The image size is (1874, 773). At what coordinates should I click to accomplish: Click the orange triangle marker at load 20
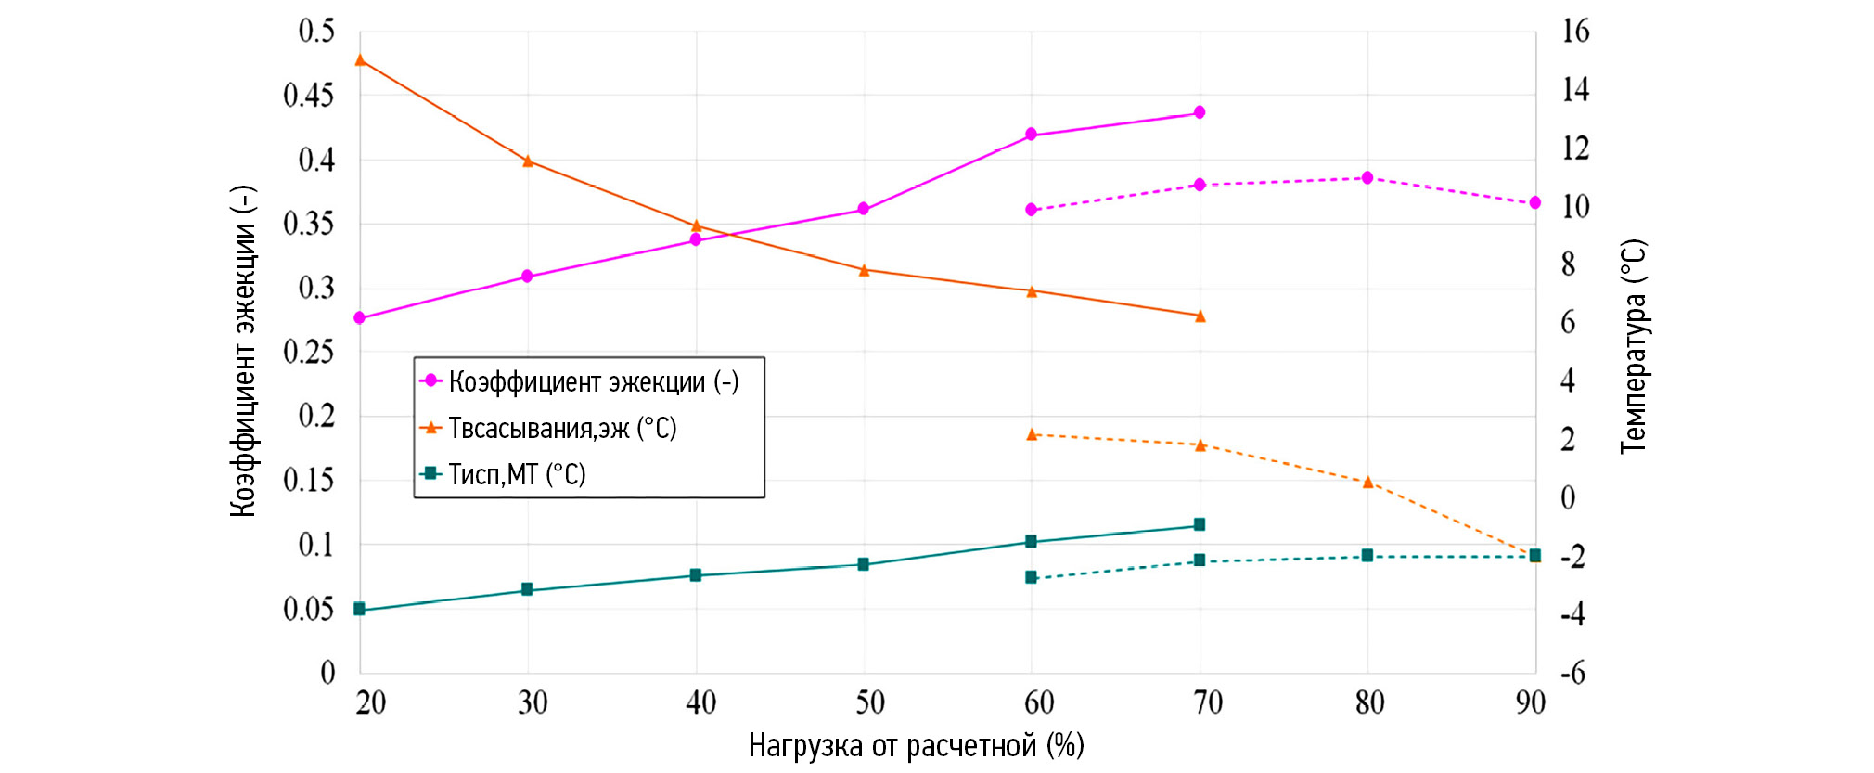pyautogui.click(x=360, y=60)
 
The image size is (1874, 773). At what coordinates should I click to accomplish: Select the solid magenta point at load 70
pyautogui.click(x=1200, y=112)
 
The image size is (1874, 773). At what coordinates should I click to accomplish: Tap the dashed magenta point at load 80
pyautogui.click(x=1367, y=177)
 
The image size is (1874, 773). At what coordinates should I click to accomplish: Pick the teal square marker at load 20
pyautogui.click(x=360, y=609)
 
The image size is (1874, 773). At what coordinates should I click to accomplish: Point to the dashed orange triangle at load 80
pyautogui.click(x=1367, y=483)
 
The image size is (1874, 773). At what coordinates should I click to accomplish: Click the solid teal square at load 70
pyautogui.click(x=1200, y=524)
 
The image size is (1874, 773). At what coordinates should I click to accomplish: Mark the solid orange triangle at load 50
pyautogui.click(x=864, y=270)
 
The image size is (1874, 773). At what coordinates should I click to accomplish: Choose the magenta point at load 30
pyautogui.click(x=528, y=277)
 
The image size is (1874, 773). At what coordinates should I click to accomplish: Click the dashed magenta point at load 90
pyautogui.click(x=1535, y=202)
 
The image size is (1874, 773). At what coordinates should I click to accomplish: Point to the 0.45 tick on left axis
pyautogui.click(x=308, y=96)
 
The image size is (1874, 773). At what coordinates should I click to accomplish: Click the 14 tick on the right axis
pyautogui.click(x=1575, y=90)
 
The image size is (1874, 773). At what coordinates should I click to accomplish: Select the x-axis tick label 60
pyautogui.click(x=1039, y=703)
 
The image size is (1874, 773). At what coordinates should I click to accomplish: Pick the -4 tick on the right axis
pyautogui.click(x=1573, y=614)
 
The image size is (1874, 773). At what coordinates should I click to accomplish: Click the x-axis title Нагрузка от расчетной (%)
pyautogui.click(x=916, y=746)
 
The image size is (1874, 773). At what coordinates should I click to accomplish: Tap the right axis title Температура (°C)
pyautogui.click(x=1633, y=347)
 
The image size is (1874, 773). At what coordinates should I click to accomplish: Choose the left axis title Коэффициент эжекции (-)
pyautogui.click(x=243, y=351)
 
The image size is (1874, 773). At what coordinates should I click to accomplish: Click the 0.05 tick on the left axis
pyautogui.click(x=308, y=610)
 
